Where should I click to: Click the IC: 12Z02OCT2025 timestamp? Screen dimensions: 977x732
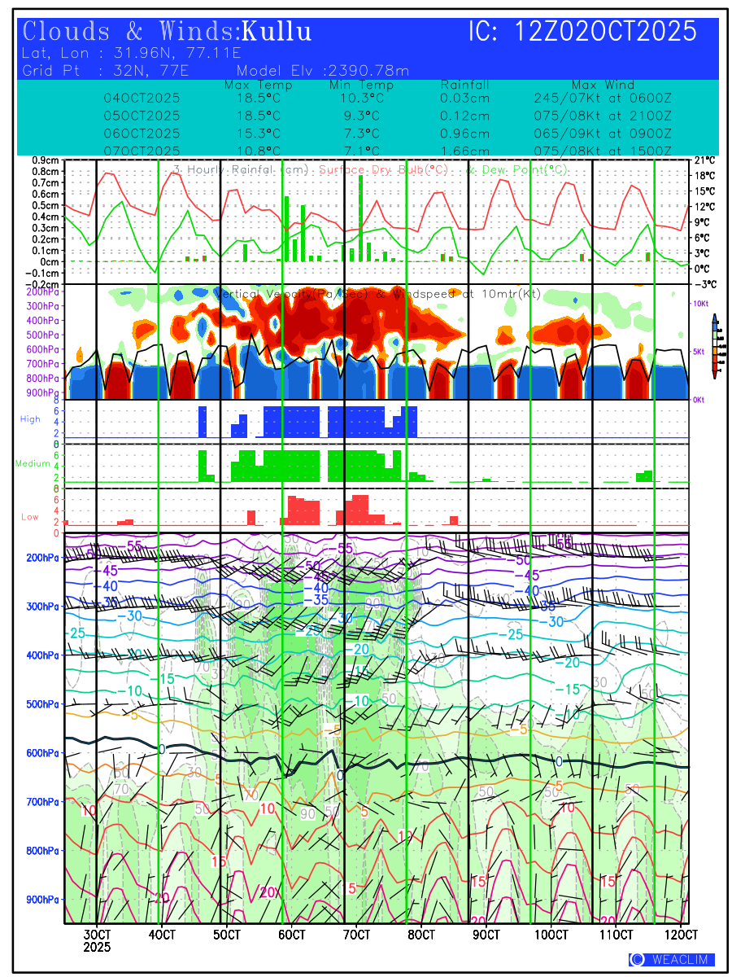582,32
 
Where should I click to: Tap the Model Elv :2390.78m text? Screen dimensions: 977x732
323,71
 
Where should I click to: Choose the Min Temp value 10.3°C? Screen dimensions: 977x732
361,99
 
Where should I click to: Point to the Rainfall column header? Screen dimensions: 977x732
464,85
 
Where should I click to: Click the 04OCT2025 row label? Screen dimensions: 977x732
142,99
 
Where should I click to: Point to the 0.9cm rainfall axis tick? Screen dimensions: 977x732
46,160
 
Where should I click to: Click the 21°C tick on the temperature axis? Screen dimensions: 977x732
704,160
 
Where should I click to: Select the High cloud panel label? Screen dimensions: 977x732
30,419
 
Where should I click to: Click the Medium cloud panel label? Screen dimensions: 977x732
33,464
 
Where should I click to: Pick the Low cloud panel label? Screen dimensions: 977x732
30,517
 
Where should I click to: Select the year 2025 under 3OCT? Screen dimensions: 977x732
97,947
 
